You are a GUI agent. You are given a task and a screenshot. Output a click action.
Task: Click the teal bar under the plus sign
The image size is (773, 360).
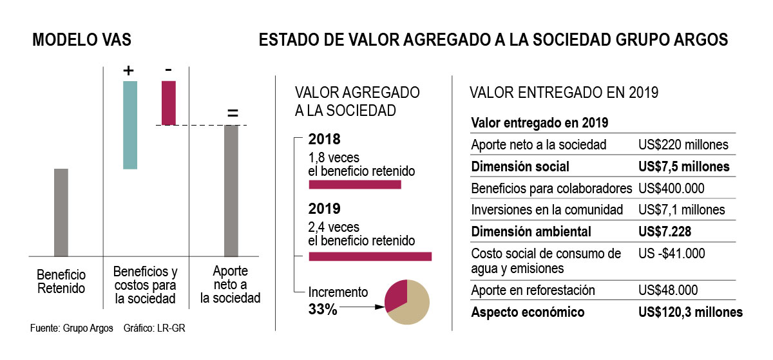[x=130, y=124]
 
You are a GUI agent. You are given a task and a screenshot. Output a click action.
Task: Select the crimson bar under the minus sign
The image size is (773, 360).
[x=168, y=102]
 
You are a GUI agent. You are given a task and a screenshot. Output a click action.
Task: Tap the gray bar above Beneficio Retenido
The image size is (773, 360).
[x=61, y=212]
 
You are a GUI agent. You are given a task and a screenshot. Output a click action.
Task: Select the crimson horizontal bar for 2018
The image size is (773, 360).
[x=355, y=185]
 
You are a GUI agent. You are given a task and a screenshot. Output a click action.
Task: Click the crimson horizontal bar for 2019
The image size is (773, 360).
[x=370, y=256]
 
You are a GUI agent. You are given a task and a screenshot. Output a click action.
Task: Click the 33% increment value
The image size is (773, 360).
[x=323, y=309]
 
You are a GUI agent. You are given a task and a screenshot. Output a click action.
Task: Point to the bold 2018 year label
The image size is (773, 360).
[x=324, y=139]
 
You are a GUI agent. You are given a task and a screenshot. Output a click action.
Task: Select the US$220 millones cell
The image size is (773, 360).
[x=683, y=145]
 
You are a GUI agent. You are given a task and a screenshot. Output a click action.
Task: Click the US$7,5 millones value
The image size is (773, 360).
[x=683, y=167]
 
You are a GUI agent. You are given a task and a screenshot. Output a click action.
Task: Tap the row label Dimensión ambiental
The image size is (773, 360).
[x=531, y=231]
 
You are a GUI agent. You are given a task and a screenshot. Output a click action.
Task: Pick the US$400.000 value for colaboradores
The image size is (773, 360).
[x=671, y=189]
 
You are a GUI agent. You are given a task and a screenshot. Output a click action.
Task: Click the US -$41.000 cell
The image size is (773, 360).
[x=671, y=254]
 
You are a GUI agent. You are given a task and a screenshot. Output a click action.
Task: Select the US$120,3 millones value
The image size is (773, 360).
[x=690, y=312]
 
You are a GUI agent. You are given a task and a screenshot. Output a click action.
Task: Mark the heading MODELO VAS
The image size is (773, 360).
[x=82, y=40]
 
